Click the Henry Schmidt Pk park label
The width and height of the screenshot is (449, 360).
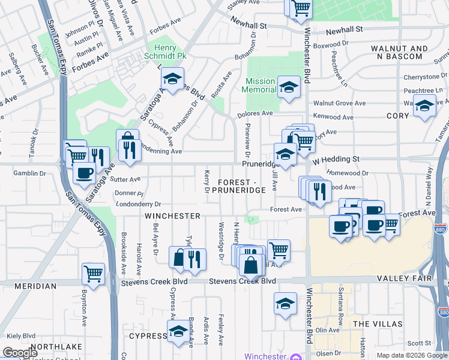tap(157, 53)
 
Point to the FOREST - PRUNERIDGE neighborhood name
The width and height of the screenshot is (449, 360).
tap(242, 185)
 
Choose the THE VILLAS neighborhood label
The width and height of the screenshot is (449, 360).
tap(378, 324)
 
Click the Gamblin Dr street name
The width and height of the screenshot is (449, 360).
tap(29, 173)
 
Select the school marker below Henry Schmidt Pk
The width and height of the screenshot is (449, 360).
tap(172, 79)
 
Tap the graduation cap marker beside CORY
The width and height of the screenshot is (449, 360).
tap(424, 107)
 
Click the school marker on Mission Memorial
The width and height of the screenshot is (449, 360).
tap(289, 88)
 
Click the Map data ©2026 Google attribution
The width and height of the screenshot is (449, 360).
tap(412, 355)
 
